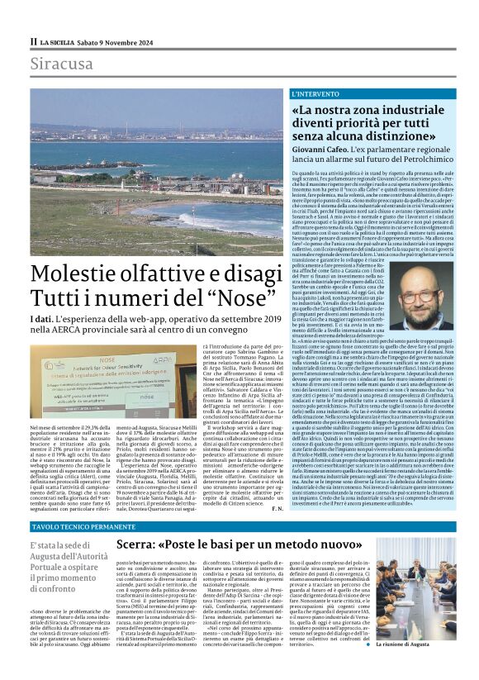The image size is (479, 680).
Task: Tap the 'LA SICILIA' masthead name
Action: tap(59, 41)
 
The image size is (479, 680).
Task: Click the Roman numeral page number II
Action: tap(34, 41)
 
